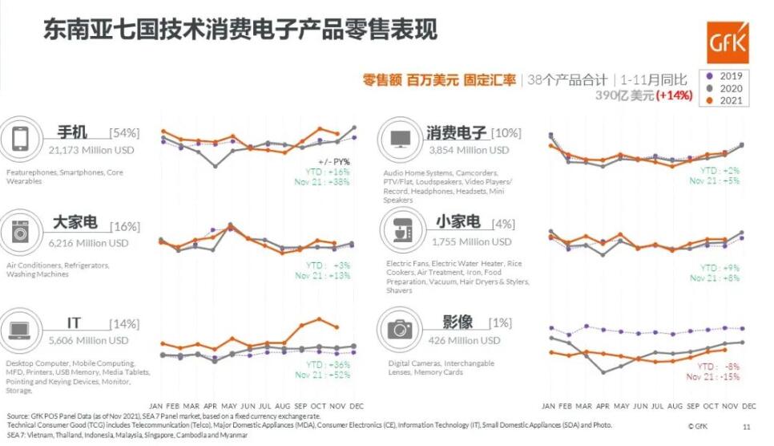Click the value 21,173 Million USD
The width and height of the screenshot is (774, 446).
(91, 150)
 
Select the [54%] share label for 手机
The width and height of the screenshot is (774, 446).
(124, 133)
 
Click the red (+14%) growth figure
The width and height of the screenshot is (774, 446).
(674, 95)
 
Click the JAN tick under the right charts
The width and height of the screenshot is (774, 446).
(549, 404)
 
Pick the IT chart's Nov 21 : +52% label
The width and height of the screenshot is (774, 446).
(324, 375)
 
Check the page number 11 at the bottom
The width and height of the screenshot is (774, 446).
(747, 427)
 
